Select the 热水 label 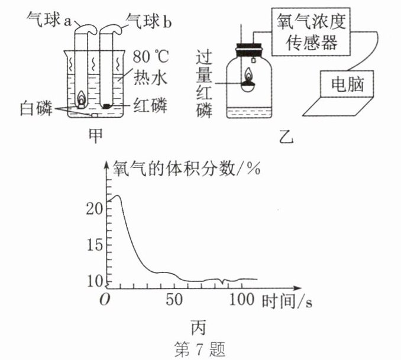tap(148, 77)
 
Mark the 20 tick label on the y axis tap(95, 209)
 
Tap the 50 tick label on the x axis tap(174, 300)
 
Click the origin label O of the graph tap(106, 299)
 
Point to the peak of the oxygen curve tap(117, 196)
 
